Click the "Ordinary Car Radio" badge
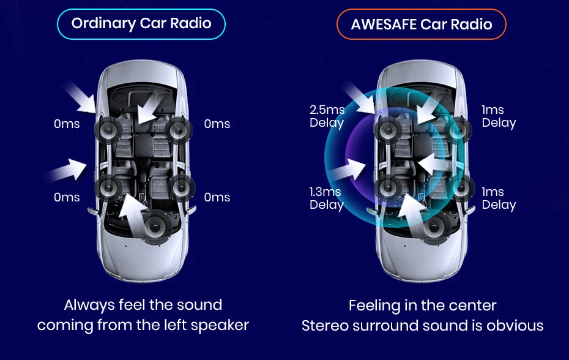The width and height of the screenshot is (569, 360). coord(141,24)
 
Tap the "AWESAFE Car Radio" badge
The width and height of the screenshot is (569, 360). coord(422,24)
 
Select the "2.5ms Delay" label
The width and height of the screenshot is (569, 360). coord(327,116)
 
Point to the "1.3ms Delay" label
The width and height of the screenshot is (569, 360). coord(326,198)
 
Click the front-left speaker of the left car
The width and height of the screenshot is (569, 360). coord(108,129)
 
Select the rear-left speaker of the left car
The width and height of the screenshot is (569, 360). coord(108,187)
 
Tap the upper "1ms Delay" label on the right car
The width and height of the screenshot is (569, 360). coord(498,116)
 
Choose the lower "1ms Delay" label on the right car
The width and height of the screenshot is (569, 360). coord(498,198)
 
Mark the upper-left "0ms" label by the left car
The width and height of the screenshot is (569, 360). coord(67,124)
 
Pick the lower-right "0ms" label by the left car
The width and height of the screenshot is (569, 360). coord(217,197)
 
